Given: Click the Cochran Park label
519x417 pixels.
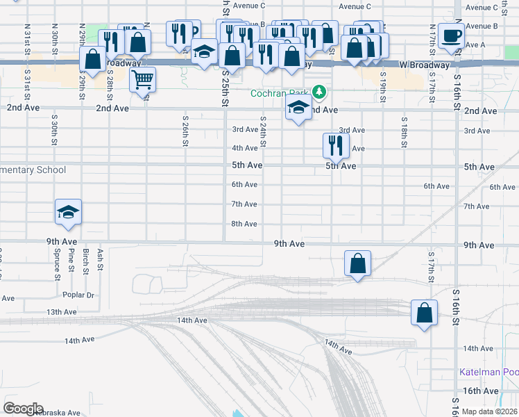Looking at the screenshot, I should [x=281, y=94].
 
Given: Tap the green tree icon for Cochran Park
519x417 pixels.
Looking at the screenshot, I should [x=319, y=91].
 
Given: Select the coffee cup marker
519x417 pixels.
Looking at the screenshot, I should [x=451, y=38].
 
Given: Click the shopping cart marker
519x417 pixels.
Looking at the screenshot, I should [x=142, y=79].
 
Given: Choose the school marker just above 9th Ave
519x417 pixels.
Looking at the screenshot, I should [x=69, y=213].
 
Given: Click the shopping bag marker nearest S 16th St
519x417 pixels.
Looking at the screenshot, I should [x=424, y=313].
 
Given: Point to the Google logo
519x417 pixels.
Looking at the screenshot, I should [x=24, y=409].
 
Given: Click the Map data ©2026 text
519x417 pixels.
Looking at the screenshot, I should [x=488, y=411].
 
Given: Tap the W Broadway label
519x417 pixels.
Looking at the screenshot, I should [x=424, y=65].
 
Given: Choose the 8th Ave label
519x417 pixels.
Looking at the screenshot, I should [x=244, y=224].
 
